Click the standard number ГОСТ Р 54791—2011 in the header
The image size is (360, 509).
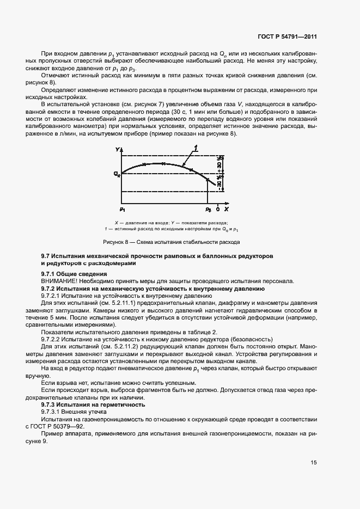tap(288, 37)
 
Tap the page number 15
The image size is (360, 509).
tap(314, 463)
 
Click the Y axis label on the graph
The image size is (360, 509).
tap(117, 149)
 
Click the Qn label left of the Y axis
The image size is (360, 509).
tap(117, 175)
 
